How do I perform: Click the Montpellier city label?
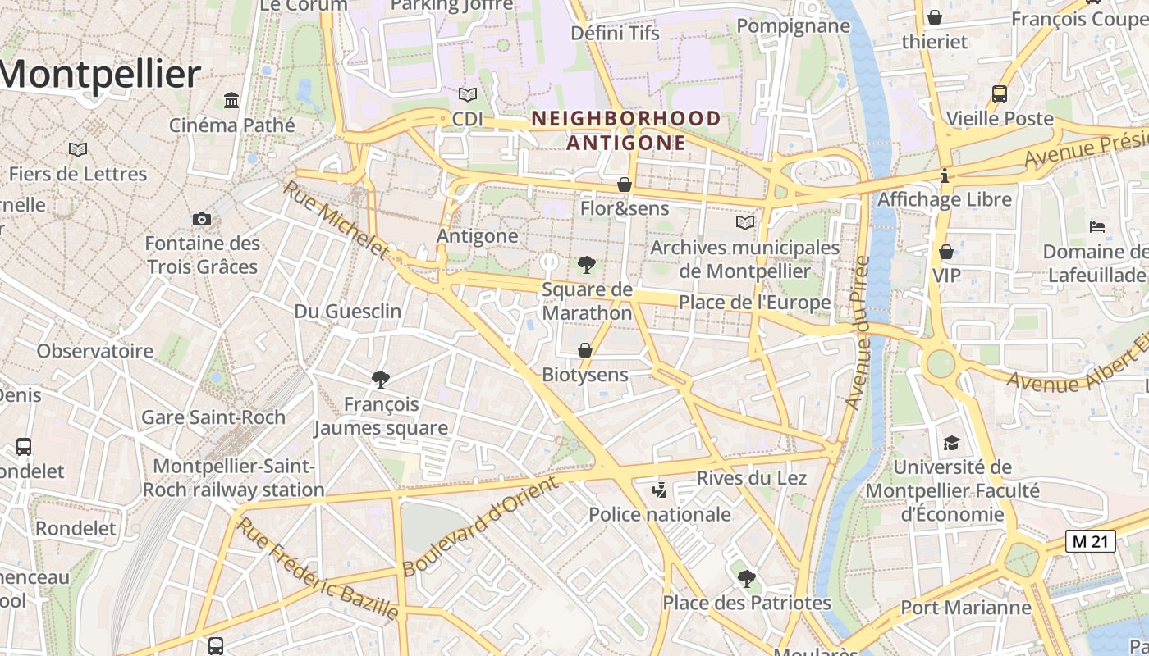(x=100, y=75)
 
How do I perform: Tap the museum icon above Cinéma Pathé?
(x=231, y=101)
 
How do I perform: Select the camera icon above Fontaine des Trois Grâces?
(x=202, y=219)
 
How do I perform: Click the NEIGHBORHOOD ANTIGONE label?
(x=626, y=130)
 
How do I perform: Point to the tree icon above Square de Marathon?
(x=586, y=265)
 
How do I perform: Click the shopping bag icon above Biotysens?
(x=585, y=351)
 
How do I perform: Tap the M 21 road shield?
(x=1090, y=541)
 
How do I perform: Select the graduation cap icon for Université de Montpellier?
(x=950, y=444)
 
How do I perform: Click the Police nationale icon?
(x=658, y=490)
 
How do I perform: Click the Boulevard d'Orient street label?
(x=480, y=526)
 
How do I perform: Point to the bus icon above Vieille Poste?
(x=999, y=94)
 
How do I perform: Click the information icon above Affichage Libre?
(x=945, y=175)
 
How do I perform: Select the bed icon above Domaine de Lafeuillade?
(x=1097, y=227)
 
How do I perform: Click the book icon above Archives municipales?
(x=744, y=223)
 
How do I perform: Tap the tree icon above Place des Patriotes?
(x=745, y=579)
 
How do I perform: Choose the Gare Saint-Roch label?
(x=213, y=417)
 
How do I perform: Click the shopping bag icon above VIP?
(x=946, y=252)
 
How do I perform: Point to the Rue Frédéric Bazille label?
(x=318, y=568)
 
